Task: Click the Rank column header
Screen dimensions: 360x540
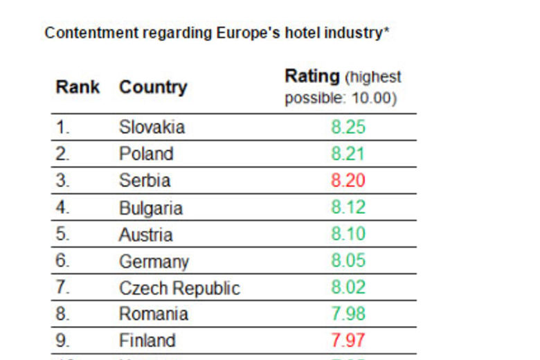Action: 78,87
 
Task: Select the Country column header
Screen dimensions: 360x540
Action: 153,87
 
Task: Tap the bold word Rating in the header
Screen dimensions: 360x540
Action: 312,76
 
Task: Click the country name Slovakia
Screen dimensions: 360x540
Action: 152,127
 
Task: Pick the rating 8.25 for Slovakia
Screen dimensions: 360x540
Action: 348,127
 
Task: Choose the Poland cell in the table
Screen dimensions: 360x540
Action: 146,154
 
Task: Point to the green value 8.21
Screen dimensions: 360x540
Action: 348,154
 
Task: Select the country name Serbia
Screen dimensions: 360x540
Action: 145,181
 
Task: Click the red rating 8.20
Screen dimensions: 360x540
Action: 348,181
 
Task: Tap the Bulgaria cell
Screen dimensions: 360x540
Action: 151,208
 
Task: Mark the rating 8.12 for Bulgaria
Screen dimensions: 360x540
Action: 348,208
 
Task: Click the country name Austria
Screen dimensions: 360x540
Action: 145,234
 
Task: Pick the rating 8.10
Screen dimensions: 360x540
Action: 348,234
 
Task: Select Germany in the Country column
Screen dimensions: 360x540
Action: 154,262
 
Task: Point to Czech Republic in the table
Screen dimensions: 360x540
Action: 179,288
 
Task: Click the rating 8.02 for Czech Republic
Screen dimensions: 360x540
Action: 348,288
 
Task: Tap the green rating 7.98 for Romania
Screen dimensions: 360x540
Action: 348,314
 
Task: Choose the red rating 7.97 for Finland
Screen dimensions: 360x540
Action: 348,341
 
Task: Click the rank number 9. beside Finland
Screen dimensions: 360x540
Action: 63,341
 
